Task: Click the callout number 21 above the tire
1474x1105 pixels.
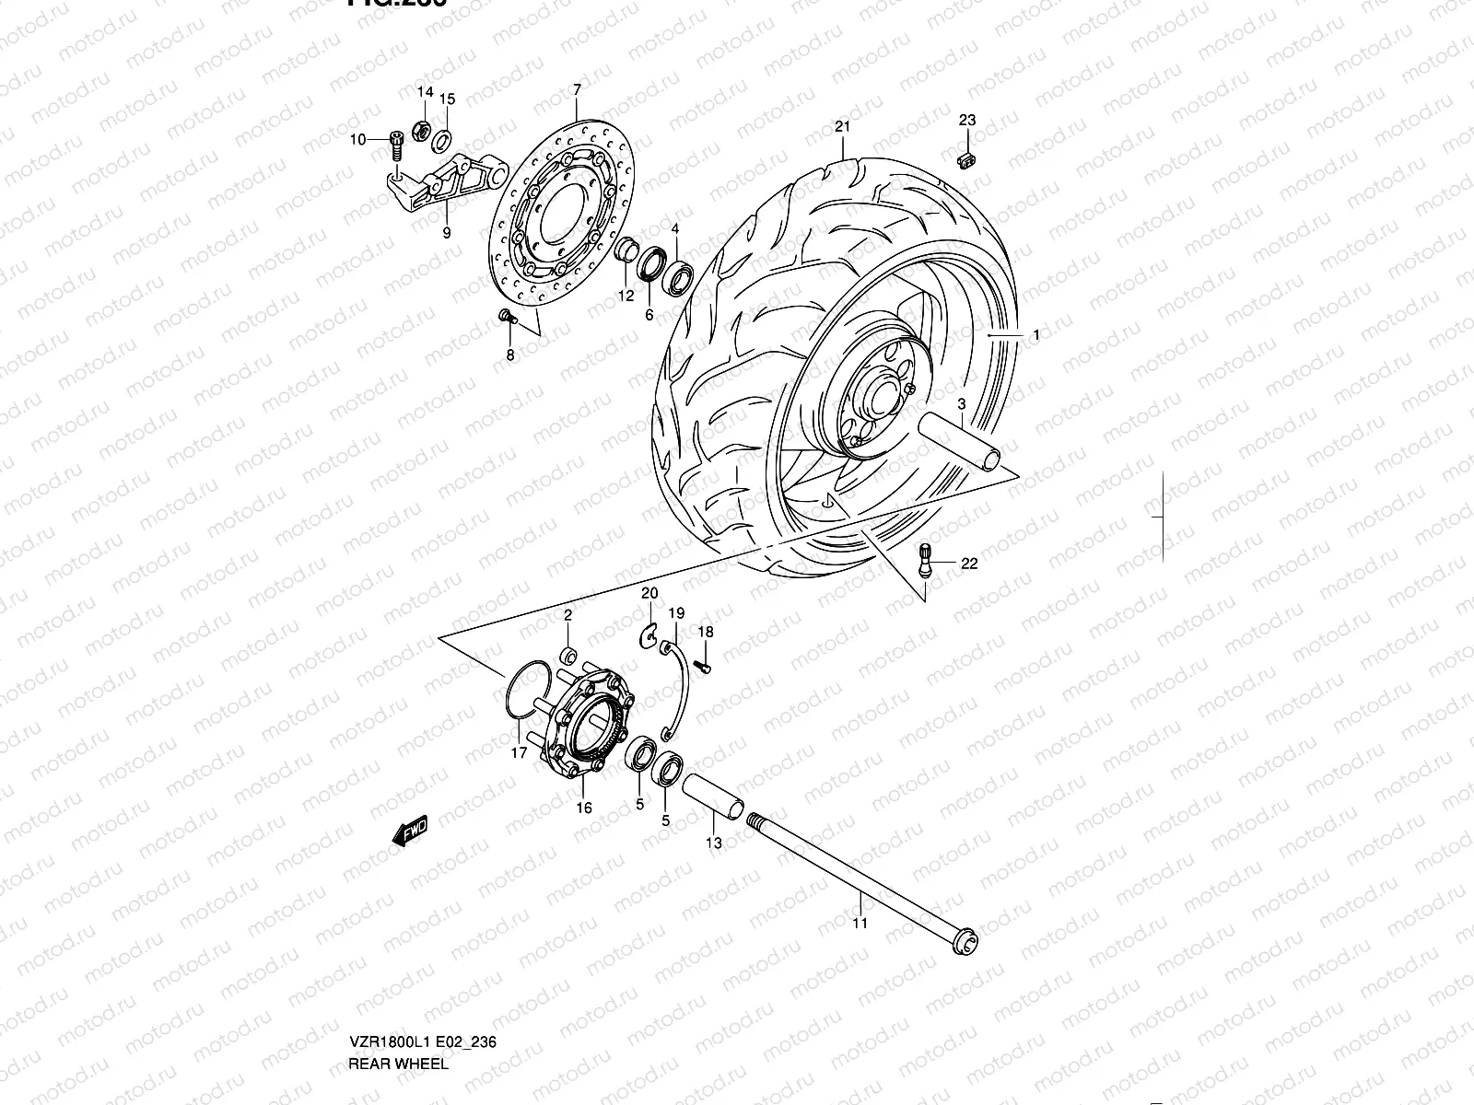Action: (x=842, y=127)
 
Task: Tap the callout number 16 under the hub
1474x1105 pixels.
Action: (x=584, y=808)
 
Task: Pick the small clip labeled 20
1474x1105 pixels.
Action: (x=649, y=636)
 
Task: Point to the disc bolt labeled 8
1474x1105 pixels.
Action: (x=505, y=317)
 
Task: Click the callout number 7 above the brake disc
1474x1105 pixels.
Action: (x=577, y=90)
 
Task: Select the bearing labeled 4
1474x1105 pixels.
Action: (x=681, y=277)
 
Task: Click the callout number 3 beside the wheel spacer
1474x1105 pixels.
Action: (x=961, y=404)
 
